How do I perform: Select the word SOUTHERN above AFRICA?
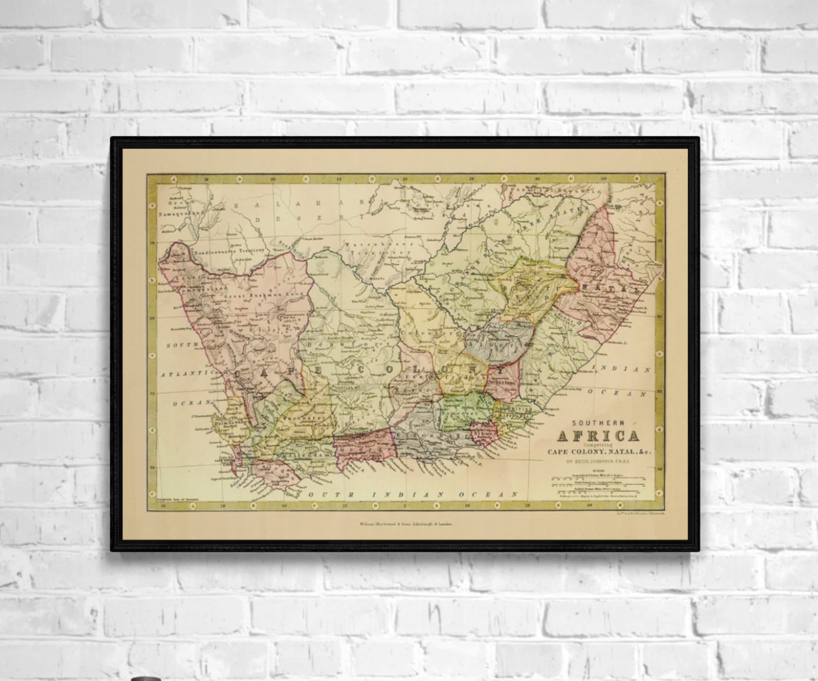click(599, 422)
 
